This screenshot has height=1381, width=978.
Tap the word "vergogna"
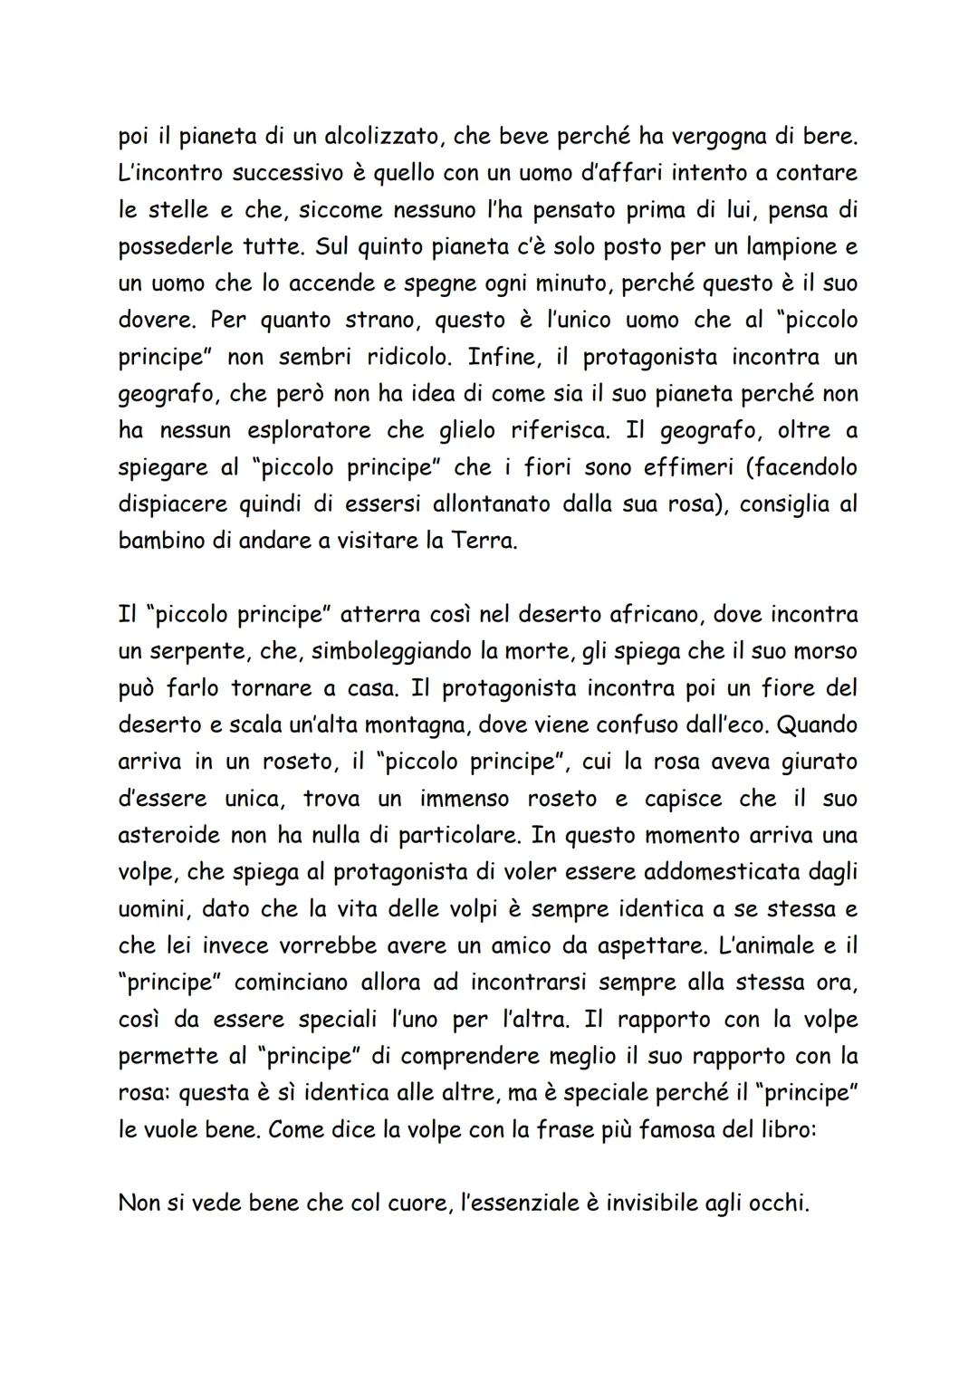(x=724, y=136)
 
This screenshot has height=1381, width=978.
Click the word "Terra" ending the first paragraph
(x=482, y=541)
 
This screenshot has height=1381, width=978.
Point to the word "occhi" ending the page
(x=778, y=1204)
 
